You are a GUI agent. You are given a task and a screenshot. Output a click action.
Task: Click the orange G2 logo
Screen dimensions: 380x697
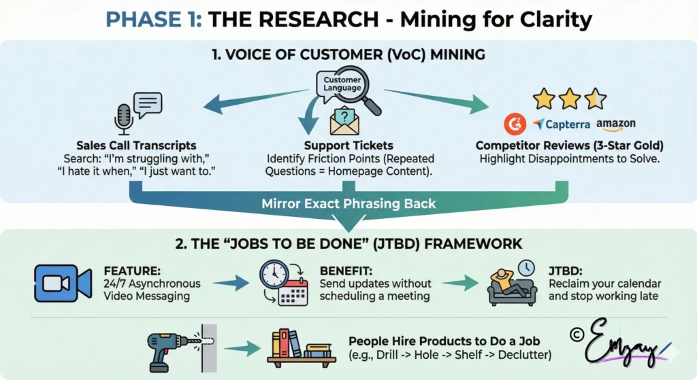514,125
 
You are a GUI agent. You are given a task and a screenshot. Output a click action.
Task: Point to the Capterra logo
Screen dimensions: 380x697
562,125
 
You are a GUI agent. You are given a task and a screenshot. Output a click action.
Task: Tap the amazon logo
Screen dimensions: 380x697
616,124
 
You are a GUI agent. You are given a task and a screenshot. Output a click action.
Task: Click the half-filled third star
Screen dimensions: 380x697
596,99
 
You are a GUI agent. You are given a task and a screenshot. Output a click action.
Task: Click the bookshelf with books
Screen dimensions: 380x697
300,345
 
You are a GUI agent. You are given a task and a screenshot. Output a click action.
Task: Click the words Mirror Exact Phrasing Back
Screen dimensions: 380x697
348,203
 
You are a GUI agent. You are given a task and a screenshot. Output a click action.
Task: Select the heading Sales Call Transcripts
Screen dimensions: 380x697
136,145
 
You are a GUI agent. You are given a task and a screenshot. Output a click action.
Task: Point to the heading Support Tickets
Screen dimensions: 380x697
348,145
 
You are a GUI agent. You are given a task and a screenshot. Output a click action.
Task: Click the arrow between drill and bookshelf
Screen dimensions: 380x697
242,349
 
